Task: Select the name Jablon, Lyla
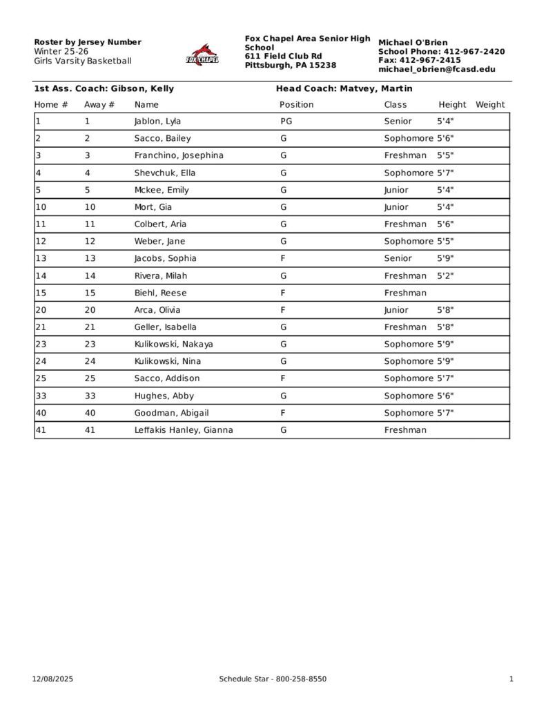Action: [157, 122]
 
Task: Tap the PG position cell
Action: [286, 122]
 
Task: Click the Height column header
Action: [452, 105]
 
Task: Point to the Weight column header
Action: [490, 105]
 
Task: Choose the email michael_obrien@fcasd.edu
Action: [436, 69]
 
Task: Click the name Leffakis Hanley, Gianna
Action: [183, 430]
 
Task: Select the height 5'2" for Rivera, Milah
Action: [445, 275]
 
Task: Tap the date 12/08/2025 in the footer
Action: [52, 679]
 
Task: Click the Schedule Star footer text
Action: [273, 679]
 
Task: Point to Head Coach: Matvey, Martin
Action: [344, 88]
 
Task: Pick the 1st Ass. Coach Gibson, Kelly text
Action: [104, 88]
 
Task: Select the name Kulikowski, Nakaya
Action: [173, 344]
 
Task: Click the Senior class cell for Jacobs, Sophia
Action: [398, 258]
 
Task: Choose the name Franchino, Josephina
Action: [179, 155]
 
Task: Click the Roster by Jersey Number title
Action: [88, 42]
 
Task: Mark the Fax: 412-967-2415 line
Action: [419, 60]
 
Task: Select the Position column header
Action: [296, 105]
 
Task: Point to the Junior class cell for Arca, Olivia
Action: [396, 310]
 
